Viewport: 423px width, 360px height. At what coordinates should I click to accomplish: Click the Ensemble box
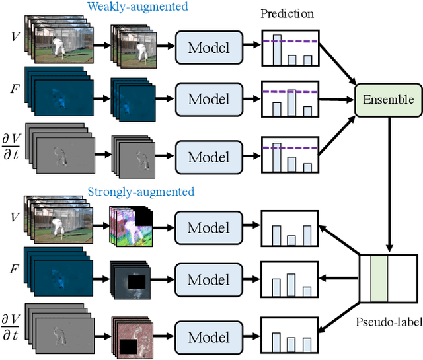click(x=388, y=100)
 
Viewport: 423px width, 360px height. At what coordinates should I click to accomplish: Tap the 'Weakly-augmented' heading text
click(x=137, y=7)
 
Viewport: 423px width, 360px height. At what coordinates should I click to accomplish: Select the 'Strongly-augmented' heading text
click(x=141, y=192)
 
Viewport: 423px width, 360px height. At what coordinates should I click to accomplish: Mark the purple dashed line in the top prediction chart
click(x=291, y=42)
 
